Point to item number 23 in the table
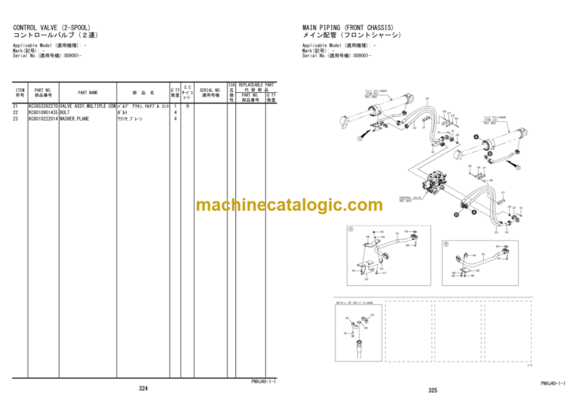click(x=16, y=118)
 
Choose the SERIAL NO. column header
click(x=210, y=93)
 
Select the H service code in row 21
click(x=188, y=106)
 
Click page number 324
click(x=142, y=388)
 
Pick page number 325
click(x=432, y=390)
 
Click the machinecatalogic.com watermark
click(x=289, y=205)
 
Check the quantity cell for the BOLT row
click(x=175, y=112)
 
